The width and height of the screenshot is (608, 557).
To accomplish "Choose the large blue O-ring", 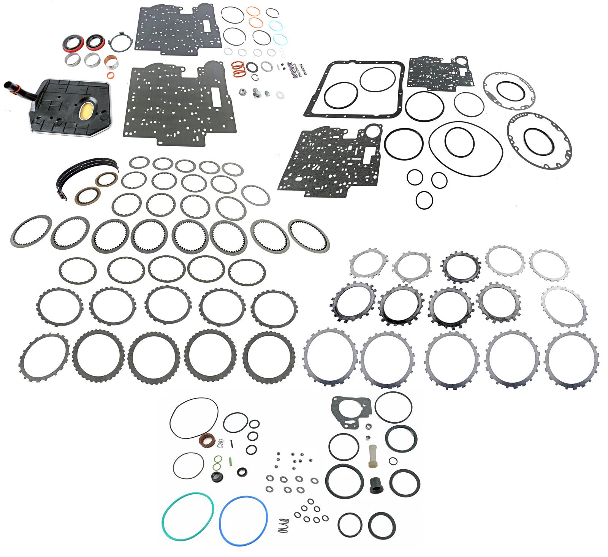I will [x=244, y=519].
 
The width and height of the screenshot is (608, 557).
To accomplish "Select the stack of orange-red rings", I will [x=238, y=68].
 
